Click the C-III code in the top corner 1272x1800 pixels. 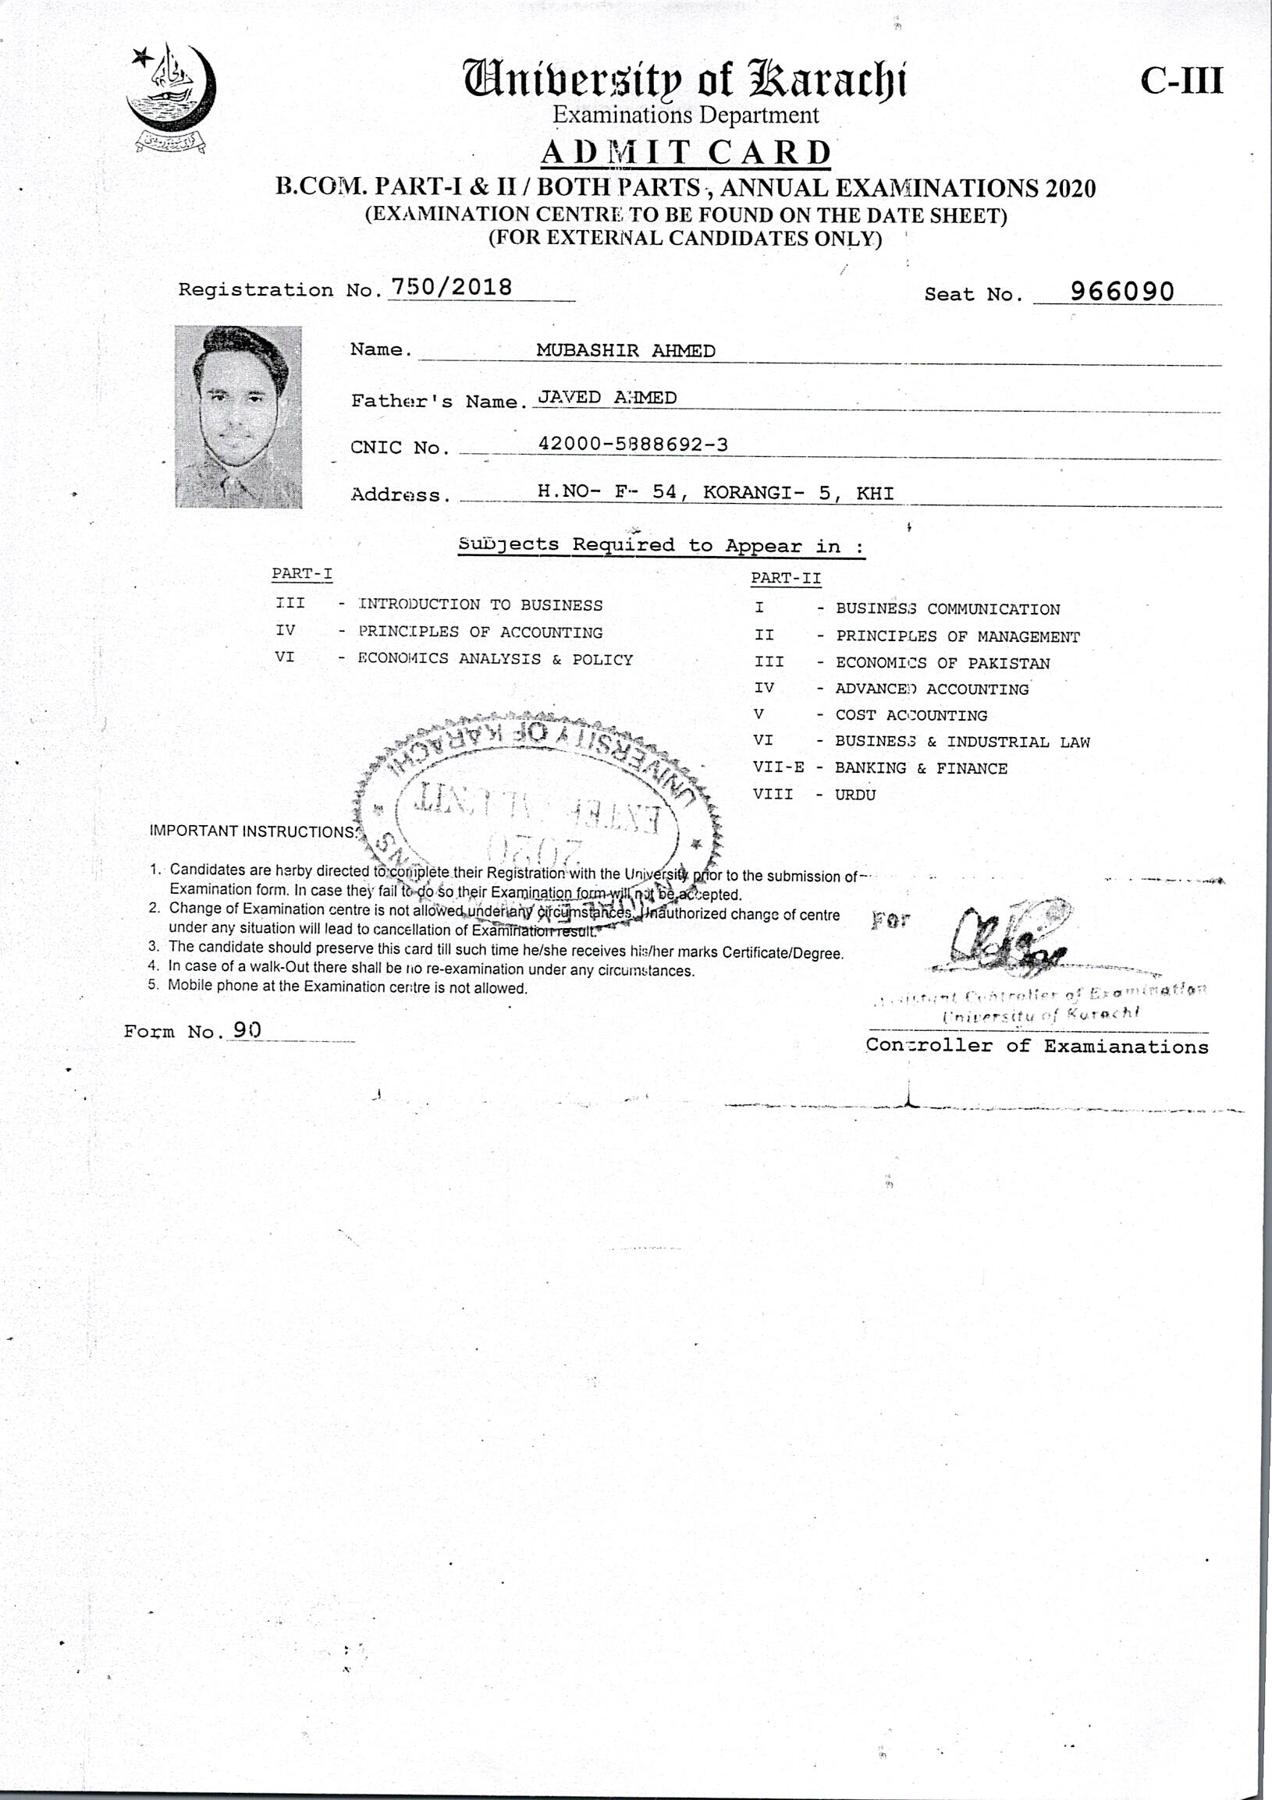coord(1181,81)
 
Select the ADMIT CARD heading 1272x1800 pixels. coord(685,152)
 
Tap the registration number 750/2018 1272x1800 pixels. coord(451,288)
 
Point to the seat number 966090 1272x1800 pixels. coord(1122,292)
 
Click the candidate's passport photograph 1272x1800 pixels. coord(238,416)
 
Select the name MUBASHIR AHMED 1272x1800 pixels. coord(625,350)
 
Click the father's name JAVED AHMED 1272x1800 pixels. coord(606,398)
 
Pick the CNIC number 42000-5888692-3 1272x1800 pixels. coord(632,445)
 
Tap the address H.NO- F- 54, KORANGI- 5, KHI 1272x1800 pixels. coord(714,492)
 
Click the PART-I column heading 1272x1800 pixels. coord(302,573)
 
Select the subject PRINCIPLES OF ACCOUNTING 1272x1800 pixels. coord(480,632)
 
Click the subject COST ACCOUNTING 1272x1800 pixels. coord(911,715)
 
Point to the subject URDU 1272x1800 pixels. coord(855,794)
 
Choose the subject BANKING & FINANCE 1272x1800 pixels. coord(921,768)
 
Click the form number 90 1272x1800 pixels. coord(247,1030)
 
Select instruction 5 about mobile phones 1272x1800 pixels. coord(346,988)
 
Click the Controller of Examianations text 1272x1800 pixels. coord(1037,1046)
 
